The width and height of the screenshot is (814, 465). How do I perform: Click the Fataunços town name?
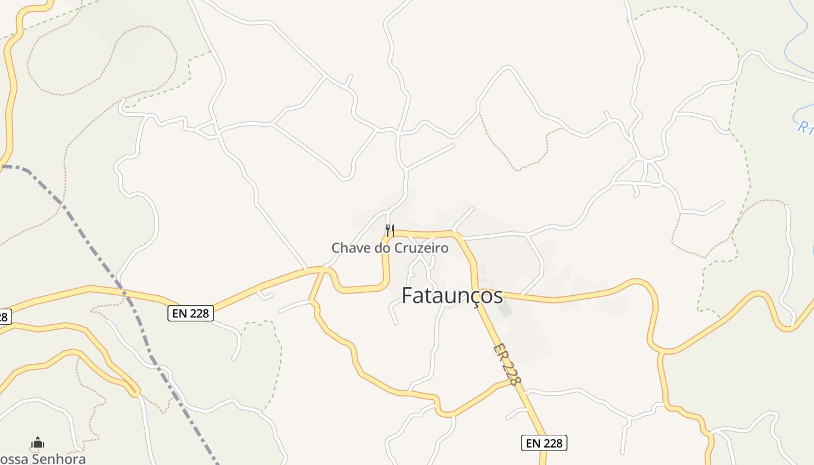[452, 296]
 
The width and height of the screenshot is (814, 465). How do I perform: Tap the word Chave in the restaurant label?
[347, 248]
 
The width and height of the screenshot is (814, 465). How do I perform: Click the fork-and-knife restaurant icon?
[390, 231]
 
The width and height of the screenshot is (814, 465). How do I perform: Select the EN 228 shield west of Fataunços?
[191, 313]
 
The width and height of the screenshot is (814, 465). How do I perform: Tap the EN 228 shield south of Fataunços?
[544, 443]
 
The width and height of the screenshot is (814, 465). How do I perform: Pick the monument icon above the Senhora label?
[38, 443]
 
